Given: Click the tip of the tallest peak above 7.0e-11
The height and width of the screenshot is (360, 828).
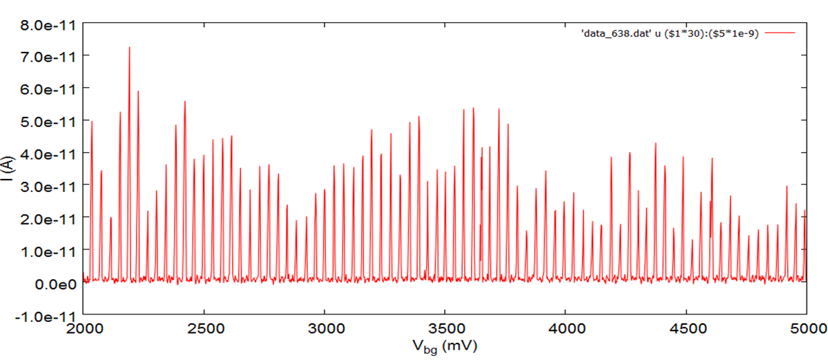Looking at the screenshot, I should [x=129, y=48].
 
